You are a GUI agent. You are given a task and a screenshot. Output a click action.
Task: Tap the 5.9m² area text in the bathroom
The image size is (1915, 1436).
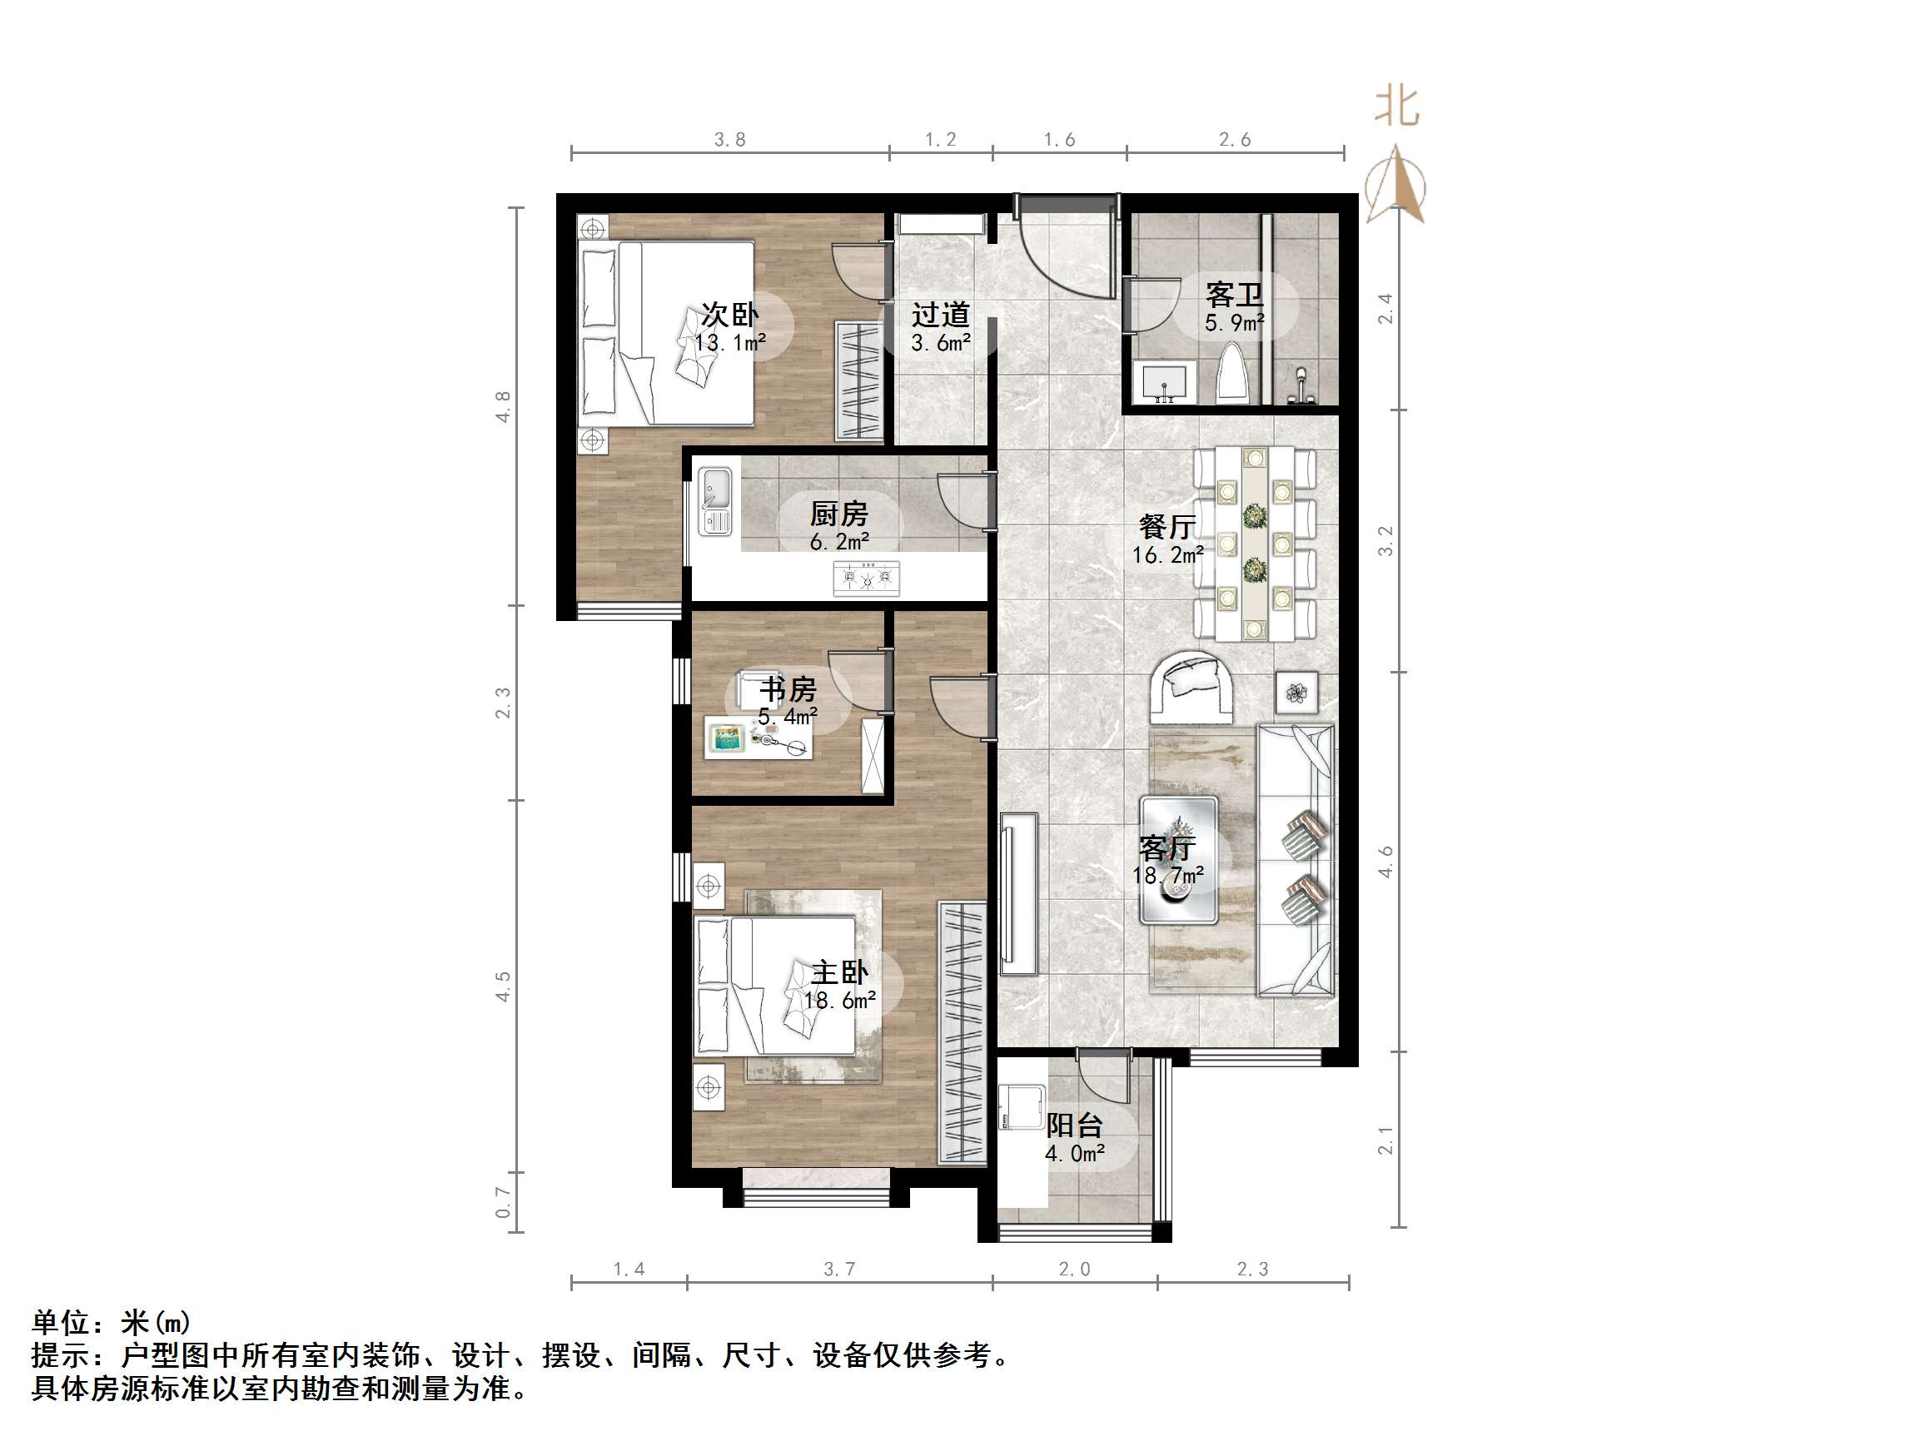(1234, 324)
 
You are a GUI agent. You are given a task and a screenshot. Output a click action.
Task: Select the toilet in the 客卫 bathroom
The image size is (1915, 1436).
(1232, 374)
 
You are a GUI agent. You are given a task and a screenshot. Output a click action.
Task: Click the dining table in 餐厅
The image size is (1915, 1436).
(1255, 544)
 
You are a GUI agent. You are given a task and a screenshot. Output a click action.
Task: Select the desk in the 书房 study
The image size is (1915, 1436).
(759, 738)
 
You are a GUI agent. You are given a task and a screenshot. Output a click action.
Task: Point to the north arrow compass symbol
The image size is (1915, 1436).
(1395, 186)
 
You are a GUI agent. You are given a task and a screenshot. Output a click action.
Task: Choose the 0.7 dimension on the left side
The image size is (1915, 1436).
(502, 1201)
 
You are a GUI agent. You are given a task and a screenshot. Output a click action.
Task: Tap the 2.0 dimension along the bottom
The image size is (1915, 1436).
(1074, 1269)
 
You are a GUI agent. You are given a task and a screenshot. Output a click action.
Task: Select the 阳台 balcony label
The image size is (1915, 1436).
(1073, 1125)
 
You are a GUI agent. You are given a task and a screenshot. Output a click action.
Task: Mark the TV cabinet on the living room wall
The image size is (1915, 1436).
(1019, 895)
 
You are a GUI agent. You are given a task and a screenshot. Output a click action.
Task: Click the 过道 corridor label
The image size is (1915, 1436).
(940, 313)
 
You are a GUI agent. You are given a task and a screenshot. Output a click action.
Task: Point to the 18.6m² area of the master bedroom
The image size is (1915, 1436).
(839, 1001)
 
